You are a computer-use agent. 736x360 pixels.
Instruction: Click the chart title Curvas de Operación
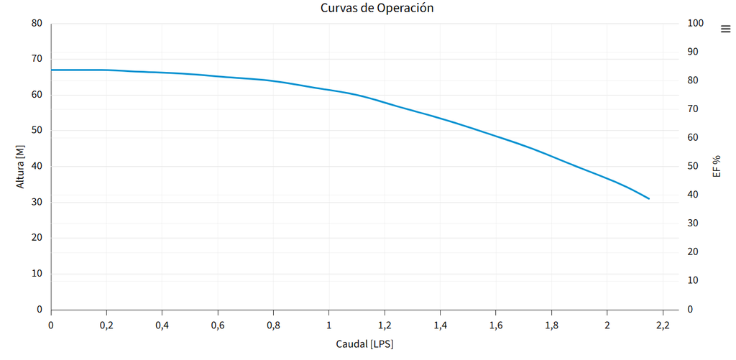377,9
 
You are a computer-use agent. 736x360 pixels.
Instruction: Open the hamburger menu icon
725,29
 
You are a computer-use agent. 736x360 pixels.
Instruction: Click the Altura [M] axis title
20,166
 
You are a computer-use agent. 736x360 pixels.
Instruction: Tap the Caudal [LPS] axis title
364,344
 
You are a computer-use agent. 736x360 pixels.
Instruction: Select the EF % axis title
716,166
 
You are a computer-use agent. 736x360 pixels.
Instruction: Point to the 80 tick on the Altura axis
37,23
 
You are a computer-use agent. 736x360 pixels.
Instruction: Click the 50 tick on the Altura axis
37,131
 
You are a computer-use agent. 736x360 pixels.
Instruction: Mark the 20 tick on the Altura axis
37,238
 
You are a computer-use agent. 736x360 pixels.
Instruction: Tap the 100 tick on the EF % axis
696,23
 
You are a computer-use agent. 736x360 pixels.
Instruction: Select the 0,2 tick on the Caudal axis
106,326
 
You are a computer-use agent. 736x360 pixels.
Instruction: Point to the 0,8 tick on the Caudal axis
273,326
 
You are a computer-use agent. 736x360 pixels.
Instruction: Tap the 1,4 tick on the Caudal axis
440,326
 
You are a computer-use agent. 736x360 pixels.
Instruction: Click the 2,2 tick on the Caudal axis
663,326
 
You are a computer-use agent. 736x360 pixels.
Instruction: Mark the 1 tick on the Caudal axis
329,326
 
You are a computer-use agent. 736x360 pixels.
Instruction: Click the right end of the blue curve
649,198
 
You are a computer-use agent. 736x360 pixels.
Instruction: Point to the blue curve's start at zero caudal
51,70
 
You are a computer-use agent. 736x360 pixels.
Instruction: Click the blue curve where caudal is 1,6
496,135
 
